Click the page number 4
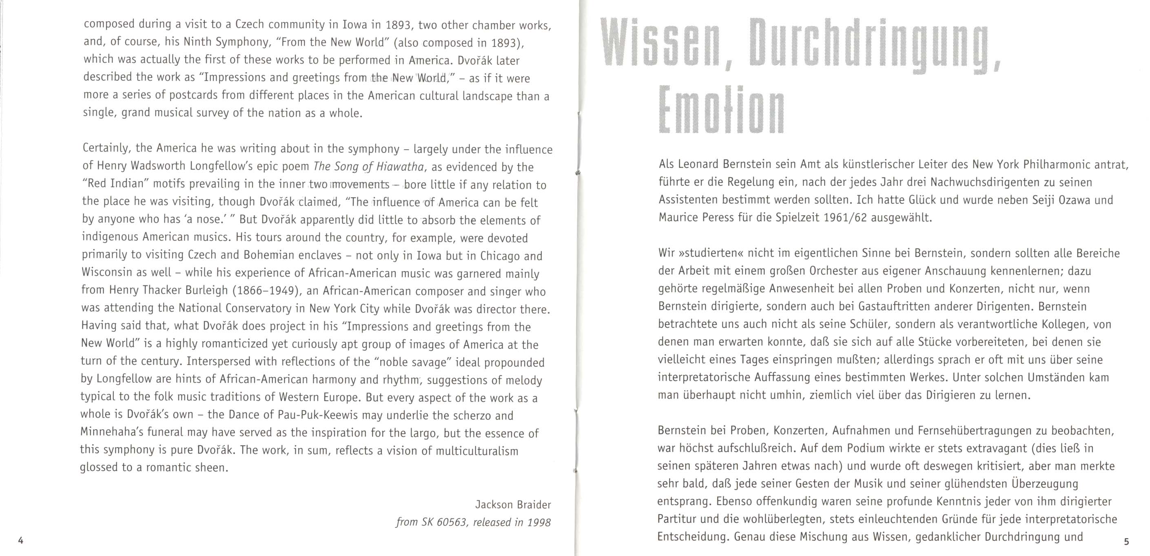(20, 541)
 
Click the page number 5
(1126, 541)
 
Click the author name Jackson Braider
(513, 505)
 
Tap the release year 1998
(538, 522)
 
